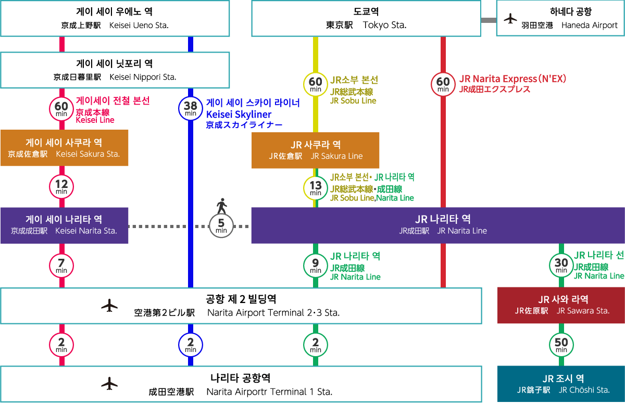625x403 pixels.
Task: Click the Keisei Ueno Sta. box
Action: (115, 18)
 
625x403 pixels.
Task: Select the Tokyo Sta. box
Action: (366, 18)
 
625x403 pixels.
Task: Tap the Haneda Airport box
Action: (560, 18)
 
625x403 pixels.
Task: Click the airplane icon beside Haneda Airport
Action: (510, 19)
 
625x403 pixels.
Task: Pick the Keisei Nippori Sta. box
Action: (115, 70)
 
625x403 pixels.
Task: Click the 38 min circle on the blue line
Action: (191, 108)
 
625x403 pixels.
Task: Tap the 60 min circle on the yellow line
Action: (316, 84)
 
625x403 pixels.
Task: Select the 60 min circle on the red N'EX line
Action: (443, 84)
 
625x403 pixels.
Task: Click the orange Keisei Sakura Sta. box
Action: (64, 148)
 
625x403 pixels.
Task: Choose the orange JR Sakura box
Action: (316, 150)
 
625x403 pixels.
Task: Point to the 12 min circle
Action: (61, 186)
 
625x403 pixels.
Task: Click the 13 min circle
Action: (316, 187)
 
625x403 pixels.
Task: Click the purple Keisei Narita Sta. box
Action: (64, 225)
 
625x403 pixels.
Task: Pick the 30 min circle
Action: (561, 265)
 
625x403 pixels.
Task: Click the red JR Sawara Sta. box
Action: (561, 305)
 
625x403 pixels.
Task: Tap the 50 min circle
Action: (561, 344)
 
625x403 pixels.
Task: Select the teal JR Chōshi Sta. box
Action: (561, 384)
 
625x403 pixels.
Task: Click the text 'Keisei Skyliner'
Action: (239, 114)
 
